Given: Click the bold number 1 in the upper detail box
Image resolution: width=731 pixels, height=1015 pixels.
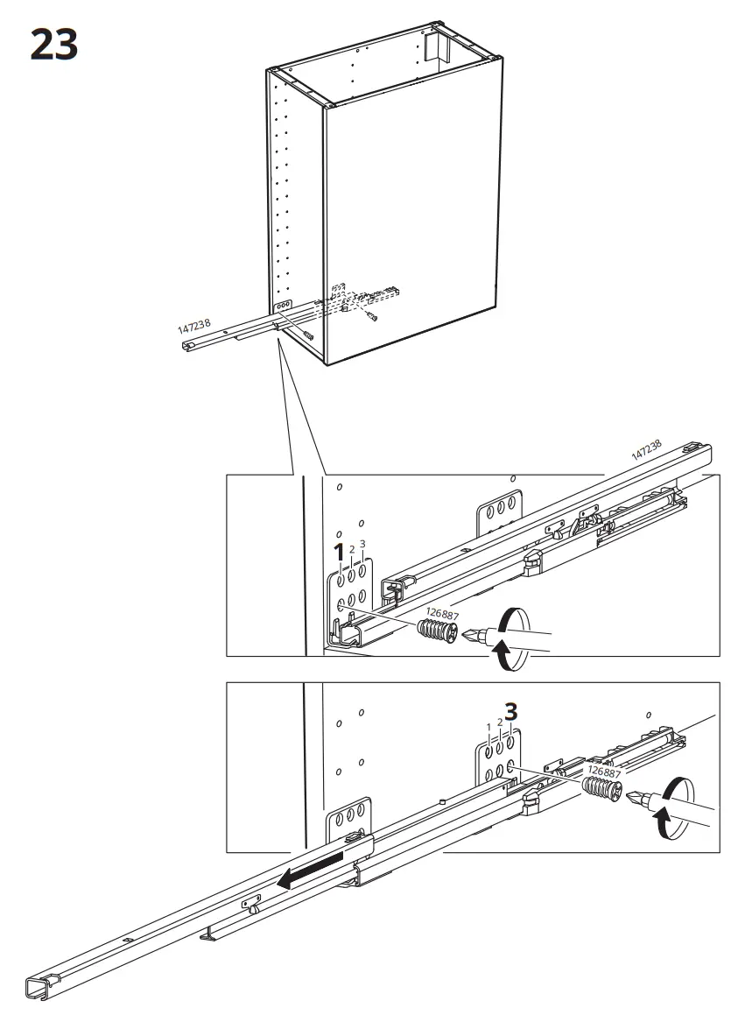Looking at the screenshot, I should coord(340,553).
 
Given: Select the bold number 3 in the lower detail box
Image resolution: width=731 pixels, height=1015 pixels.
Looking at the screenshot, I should coord(512,712).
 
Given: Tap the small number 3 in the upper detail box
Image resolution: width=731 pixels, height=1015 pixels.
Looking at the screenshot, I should coord(362,544).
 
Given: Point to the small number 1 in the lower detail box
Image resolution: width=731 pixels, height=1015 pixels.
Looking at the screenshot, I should coord(489,728).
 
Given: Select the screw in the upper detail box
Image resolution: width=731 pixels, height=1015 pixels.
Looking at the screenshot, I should coord(436,631).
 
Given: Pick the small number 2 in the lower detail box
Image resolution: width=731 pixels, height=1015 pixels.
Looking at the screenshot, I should coord(500,722).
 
